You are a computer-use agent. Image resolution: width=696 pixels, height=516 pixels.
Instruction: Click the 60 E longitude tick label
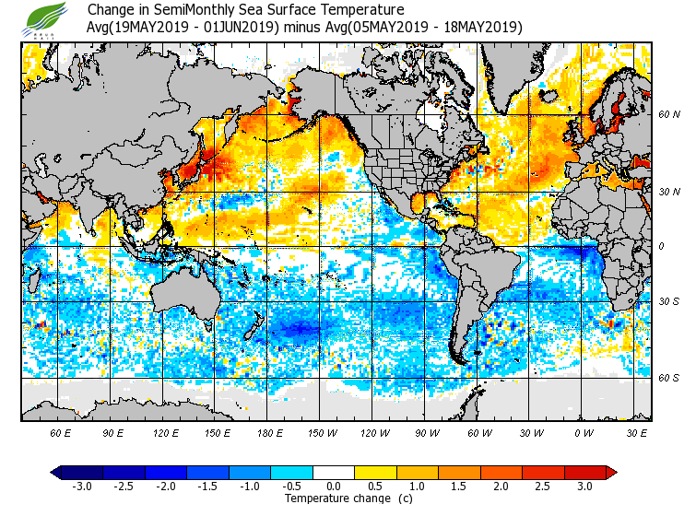(x=61, y=431)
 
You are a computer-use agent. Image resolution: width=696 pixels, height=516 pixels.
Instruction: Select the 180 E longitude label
(x=270, y=431)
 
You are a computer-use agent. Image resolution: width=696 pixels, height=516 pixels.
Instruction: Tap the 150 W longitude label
(x=323, y=431)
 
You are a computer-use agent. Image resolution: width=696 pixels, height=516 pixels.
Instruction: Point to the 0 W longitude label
(x=583, y=431)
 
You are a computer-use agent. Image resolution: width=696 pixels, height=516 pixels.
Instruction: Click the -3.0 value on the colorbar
(x=82, y=487)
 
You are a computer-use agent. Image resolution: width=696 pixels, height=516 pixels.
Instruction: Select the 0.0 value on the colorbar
(x=334, y=487)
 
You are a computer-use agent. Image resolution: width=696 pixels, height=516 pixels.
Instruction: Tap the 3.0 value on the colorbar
(x=584, y=487)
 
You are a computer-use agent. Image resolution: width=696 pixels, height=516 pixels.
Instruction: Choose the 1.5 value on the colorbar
(x=459, y=487)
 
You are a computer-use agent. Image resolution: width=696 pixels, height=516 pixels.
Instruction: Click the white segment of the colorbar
(x=334, y=473)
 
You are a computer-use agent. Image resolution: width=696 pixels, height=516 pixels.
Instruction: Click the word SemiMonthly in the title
(x=179, y=10)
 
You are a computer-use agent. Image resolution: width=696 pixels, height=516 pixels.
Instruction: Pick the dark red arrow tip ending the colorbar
(x=611, y=473)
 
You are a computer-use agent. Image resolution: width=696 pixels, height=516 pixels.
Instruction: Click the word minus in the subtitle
(x=302, y=28)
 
